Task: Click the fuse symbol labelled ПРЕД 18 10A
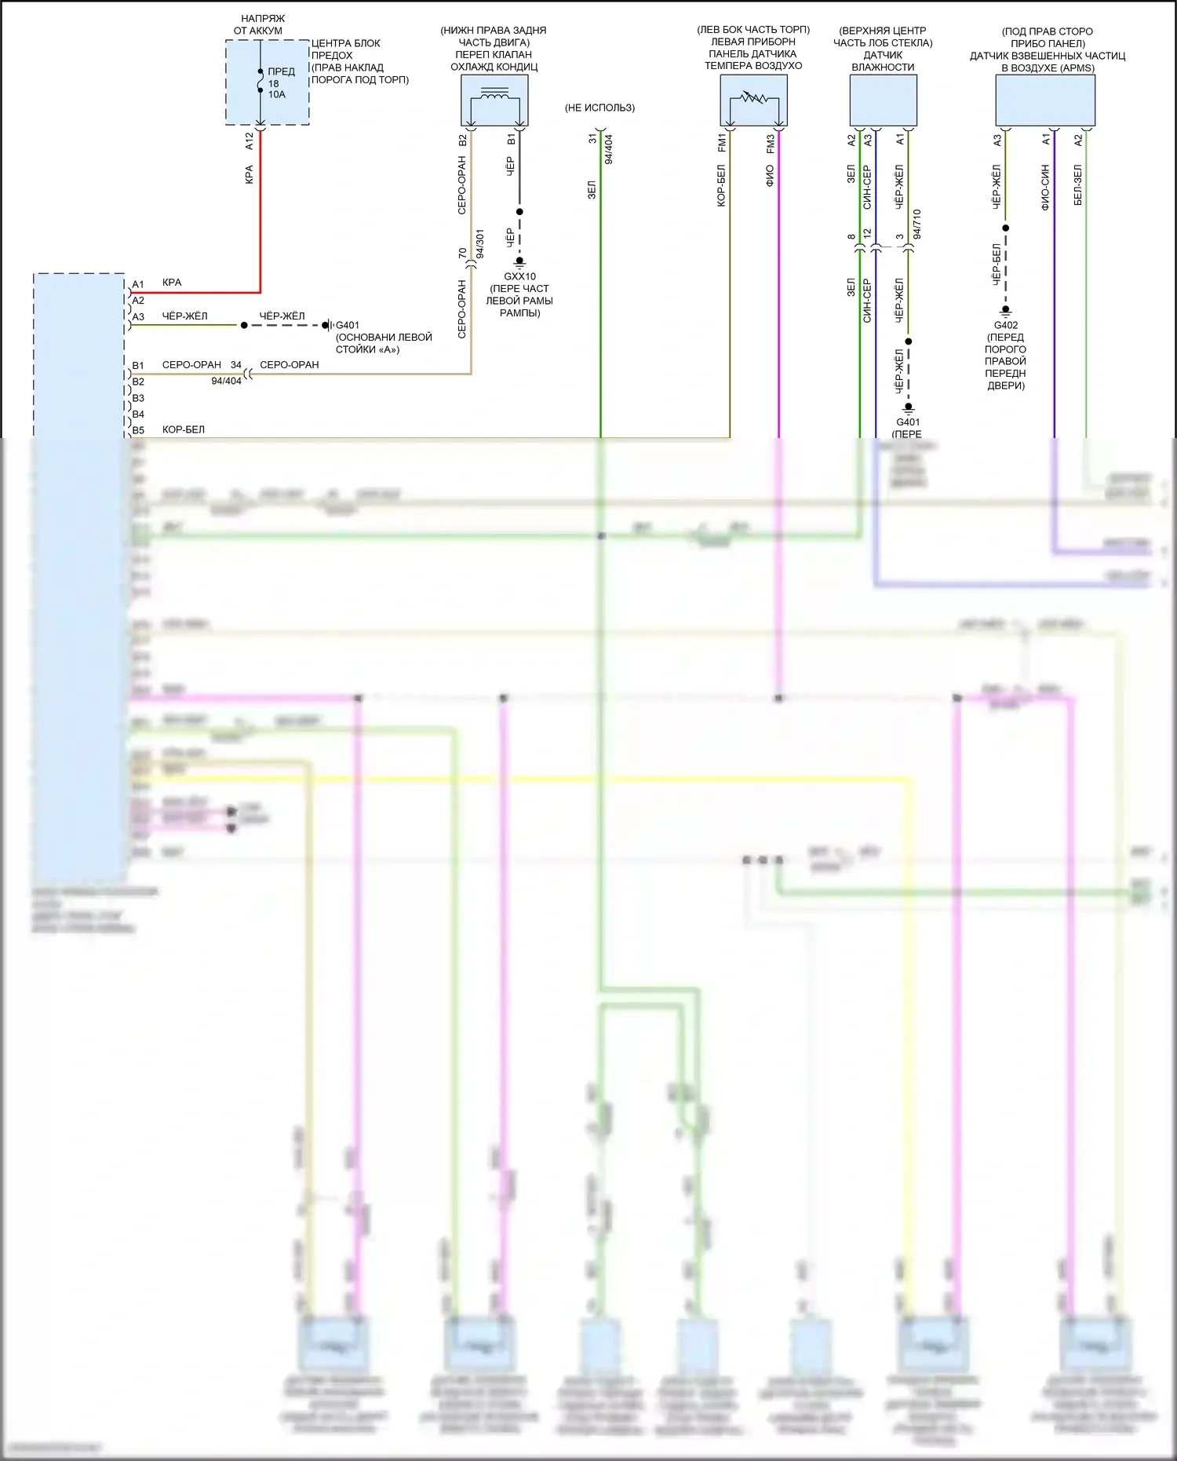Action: tap(261, 81)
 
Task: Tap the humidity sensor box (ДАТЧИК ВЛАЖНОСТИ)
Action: tap(883, 100)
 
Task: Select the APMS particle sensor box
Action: tap(1045, 100)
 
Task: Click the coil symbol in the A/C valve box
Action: tap(494, 95)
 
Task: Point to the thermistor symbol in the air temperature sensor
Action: tap(753, 99)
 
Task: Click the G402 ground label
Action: tap(1005, 325)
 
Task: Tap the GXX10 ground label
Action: tap(519, 276)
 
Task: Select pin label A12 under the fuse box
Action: tap(250, 141)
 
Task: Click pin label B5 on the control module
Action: tap(138, 430)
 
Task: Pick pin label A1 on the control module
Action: tap(138, 284)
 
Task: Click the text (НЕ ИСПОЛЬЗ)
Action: tap(599, 108)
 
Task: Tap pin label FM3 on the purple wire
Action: tap(770, 143)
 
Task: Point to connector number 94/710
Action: tap(917, 224)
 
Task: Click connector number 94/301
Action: tap(480, 243)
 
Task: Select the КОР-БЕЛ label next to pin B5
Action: tap(183, 429)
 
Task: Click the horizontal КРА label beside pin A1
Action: tap(171, 283)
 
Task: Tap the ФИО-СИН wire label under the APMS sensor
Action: tap(1045, 187)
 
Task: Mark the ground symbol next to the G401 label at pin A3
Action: tap(327, 325)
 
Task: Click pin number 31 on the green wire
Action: tap(592, 138)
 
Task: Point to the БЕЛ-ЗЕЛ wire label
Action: tap(1078, 185)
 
